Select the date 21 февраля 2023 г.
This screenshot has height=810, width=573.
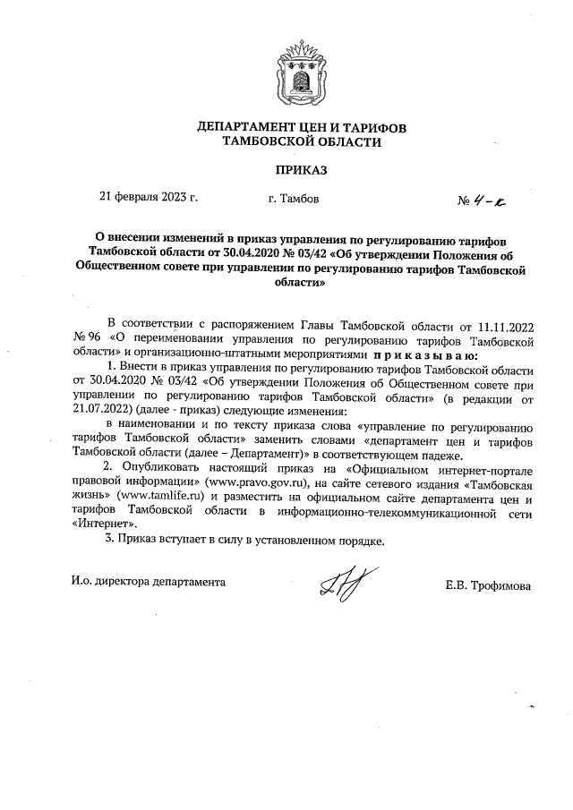coord(148,199)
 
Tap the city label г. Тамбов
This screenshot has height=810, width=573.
coord(293,199)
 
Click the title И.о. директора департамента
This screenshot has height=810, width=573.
coord(149,582)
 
